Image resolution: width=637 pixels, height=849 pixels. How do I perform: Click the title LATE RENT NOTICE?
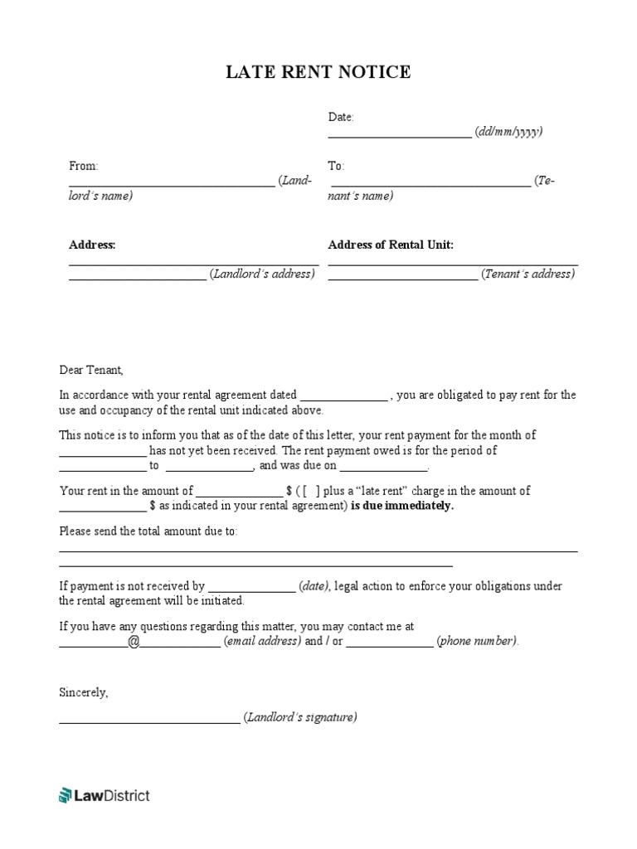click(x=318, y=73)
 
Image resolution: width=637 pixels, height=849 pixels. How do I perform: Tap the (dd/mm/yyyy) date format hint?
click(x=509, y=132)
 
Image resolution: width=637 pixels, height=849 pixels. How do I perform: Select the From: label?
click(x=83, y=166)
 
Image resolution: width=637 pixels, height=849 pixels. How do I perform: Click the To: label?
click(x=336, y=166)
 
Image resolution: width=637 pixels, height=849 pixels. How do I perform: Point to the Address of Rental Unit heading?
click(x=391, y=245)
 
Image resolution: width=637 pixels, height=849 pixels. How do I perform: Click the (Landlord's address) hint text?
click(x=262, y=274)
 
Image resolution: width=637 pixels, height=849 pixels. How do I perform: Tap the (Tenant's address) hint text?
click(x=528, y=274)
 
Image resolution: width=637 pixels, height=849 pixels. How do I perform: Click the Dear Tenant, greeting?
click(x=90, y=370)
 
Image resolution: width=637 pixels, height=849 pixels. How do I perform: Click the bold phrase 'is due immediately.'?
click(x=402, y=506)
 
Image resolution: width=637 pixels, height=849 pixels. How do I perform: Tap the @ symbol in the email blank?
click(x=134, y=641)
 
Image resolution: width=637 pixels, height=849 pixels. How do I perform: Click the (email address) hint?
click(x=262, y=641)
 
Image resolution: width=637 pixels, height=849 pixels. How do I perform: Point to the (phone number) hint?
click(x=477, y=641)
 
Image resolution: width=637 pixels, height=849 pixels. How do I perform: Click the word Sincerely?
click(x=83, y=691)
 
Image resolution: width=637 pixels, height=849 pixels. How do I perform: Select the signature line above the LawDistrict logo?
click(x=149, y=721)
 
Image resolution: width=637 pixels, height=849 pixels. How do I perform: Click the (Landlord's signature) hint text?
click(x=299, y=717)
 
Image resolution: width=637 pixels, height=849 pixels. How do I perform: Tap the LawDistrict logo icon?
click(x=66, y=796)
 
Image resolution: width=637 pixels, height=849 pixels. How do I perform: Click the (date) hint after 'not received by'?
click(x=314, y=586)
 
